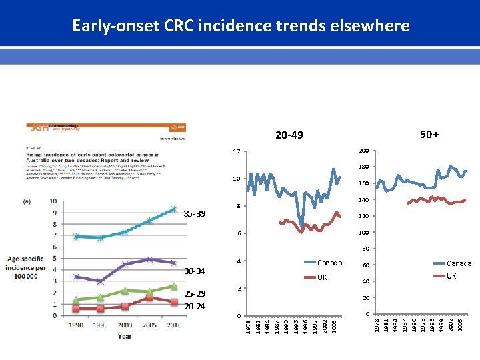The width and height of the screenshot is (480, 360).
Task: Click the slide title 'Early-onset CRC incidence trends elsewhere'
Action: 240,26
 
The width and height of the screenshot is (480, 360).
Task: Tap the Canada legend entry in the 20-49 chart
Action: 329,263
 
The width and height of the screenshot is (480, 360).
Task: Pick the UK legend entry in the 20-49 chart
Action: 322,277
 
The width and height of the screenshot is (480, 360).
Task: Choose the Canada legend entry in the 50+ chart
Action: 459,263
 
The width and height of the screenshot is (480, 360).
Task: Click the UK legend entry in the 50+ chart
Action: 451,275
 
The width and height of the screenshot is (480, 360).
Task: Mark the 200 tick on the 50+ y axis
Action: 363,151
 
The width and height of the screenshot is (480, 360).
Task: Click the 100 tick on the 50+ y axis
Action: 363,233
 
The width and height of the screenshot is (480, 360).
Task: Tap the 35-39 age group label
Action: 195,214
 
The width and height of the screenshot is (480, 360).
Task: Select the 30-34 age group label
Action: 195,271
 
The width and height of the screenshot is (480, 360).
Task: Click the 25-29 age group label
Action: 195,294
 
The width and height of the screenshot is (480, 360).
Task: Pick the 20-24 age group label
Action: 195,306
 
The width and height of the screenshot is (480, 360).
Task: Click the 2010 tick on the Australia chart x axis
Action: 173,325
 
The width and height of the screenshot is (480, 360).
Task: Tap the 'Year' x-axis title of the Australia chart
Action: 125,336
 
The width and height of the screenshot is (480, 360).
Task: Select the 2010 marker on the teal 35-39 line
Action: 173,209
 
